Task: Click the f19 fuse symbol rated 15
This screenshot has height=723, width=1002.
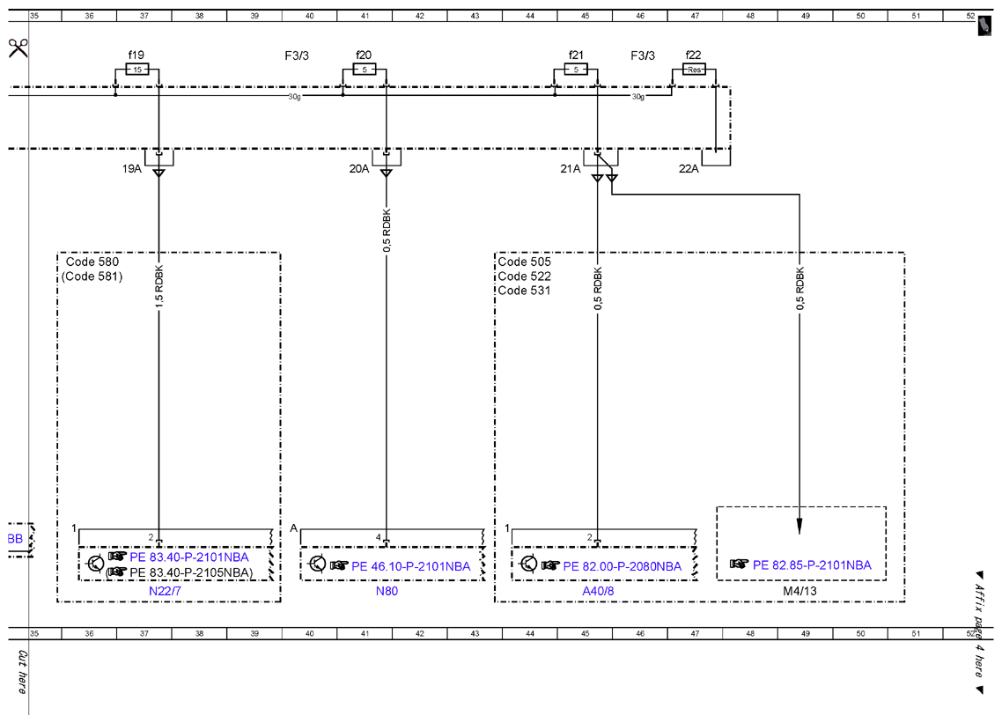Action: [137, 69]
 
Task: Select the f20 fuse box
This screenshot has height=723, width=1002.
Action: [365, 69]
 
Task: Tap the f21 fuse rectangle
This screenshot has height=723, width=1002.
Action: [576, 69]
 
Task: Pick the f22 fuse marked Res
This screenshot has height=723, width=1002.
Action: [694, 69]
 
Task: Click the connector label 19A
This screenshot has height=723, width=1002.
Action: [132, 169]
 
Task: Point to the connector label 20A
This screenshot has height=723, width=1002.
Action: [359, 169]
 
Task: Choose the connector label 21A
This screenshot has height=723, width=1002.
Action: [570, 169]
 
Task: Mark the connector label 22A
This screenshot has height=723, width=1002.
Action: [689, 169]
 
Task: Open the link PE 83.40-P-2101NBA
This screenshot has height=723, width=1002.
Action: [189, 557]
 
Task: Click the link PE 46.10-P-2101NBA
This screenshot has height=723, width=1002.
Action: [411, 566]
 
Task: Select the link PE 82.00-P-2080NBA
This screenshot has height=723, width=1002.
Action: [623, 566]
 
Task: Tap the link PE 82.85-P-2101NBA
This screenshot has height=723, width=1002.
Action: [812, 565]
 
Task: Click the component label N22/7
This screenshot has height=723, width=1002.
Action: [165, 591]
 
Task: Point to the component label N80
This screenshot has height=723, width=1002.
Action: [387, 591]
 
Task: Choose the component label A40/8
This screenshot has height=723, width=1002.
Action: [598, 591]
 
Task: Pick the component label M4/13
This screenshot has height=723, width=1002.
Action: [800, 591]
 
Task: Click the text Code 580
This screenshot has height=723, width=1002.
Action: [92, 262]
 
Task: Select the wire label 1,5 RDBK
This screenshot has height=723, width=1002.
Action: [159, 286]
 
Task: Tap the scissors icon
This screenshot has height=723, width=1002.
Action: [18, 48]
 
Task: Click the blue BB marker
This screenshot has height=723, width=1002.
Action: [15, 539]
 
